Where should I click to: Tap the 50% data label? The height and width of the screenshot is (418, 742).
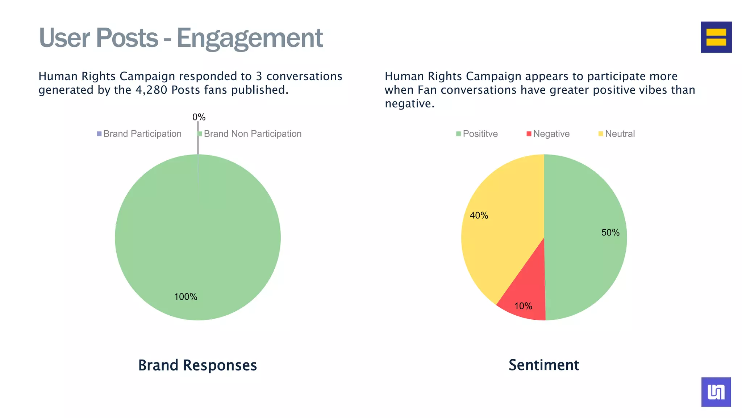(610, 233)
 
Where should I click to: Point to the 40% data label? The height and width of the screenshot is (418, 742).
(479, 216)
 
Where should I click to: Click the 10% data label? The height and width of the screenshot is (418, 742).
(523, 306)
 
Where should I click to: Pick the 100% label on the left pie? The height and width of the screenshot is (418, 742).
(185, 297)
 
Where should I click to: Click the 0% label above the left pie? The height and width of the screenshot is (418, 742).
(199, 117)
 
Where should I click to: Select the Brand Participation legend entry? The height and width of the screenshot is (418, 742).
(139, 134)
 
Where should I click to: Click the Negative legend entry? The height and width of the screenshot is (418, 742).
(548, 134)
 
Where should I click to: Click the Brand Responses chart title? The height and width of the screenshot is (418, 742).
(197, 365)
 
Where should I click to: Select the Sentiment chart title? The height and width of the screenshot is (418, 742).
(544, 365)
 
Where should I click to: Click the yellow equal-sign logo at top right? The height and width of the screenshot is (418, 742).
(716, 37)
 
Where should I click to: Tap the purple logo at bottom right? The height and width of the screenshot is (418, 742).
(716, 392)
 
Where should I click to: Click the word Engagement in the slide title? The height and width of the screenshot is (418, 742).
(249, 38)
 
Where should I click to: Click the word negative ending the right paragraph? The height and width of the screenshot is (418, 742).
(409, 104)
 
